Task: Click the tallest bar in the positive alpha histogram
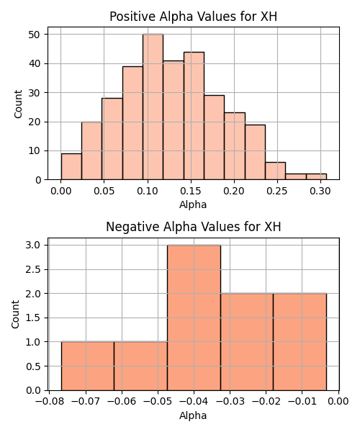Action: tap(153, 107)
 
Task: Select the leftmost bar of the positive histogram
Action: tap(71, 166)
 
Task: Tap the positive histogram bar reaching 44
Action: tap(194, 116)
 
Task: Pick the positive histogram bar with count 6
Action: tap(276, 171)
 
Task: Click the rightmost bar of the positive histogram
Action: tap(316, 176)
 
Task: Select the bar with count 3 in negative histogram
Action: tap(194, 318)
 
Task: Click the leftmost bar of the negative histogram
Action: tap(88, 366)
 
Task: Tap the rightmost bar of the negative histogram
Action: tap(300, 342)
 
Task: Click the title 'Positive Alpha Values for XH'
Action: tap(194, 17)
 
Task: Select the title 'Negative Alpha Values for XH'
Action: tap(194, 227)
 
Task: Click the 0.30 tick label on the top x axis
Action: tap(320, 191)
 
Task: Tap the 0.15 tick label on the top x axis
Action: tap(191, 191)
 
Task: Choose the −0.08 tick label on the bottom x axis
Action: tap(50, 402)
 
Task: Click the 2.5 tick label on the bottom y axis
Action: tap(33, 269)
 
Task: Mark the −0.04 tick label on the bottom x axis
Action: tap(194, 402)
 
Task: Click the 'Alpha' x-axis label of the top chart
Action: tap(193, 204)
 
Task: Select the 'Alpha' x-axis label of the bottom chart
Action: tap(193, 415)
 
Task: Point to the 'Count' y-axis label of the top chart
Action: tap(18, 104)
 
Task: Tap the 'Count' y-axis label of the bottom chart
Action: tap(15, 315)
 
